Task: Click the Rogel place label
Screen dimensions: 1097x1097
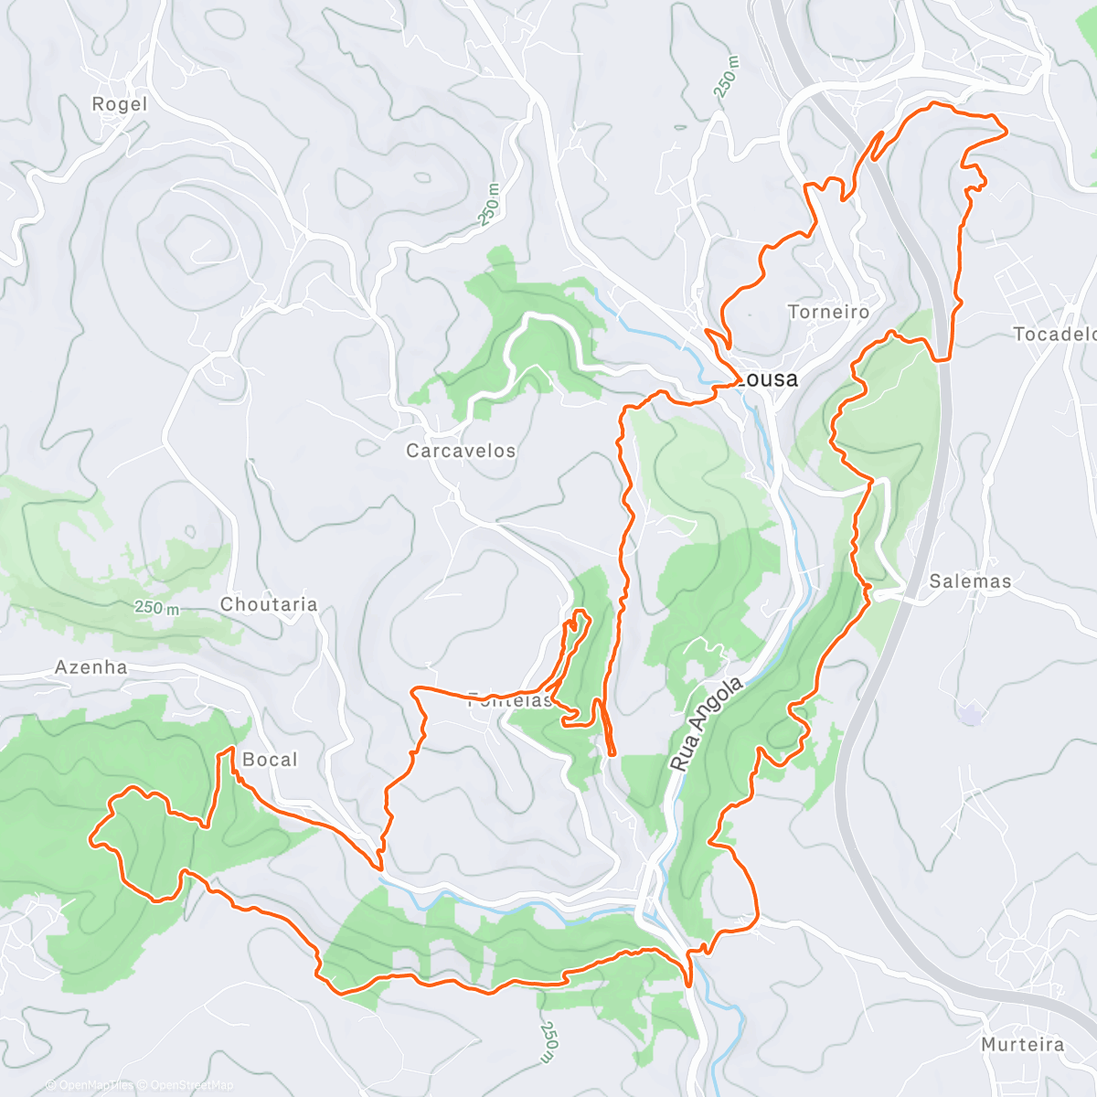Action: point(119,104)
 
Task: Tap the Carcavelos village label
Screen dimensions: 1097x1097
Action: point(461,451)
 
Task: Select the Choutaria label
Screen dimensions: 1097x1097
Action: point(269,604)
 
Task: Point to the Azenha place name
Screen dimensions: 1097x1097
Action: point(91,667)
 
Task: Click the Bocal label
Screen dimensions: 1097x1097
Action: point(270,760)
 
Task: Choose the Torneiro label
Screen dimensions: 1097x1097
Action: point(828,313)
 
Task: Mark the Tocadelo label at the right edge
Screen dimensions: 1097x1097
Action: point(1054,335)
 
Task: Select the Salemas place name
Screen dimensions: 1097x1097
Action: point(970,581)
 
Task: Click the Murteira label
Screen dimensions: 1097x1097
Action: point(1022,1044)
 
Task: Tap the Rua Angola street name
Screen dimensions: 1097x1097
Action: point(707,724)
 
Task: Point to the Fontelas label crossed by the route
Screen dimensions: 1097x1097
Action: point(510,701)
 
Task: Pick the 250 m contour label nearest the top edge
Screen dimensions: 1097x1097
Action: point(727,79)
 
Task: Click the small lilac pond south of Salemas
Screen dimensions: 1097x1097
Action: point(971,713)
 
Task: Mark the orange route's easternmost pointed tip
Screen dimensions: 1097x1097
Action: point(1006,132)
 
